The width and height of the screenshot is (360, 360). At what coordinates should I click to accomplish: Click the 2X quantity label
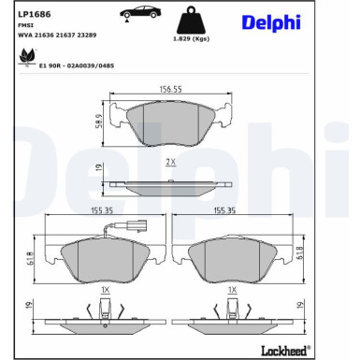tap(170, 162)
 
